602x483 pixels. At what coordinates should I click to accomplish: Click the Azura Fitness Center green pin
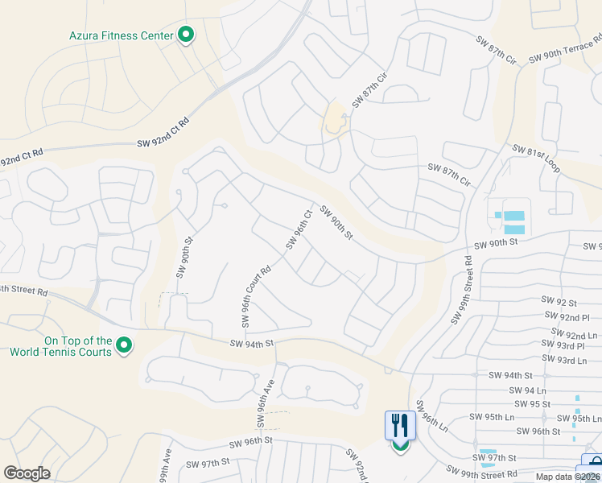pyautogui.click(x=186, y=35)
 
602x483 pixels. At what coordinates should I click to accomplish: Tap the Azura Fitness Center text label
pyautogui.click(x=122, y=35)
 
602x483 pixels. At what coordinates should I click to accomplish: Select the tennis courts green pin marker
pyautogui.click(x=123, y=345)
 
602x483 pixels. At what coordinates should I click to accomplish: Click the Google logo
pyautogui.click(x=27, y=473)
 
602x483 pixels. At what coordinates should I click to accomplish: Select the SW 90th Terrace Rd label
pyautogui.click(x=565, y=50)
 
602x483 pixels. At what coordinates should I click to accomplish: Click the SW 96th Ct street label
pyautogui.click(x=298, y=229)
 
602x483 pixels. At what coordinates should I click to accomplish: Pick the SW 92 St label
pyautogui.click(x=562, y=303)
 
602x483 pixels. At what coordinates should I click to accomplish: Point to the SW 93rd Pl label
pyautogui.click(x=565, y=346)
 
